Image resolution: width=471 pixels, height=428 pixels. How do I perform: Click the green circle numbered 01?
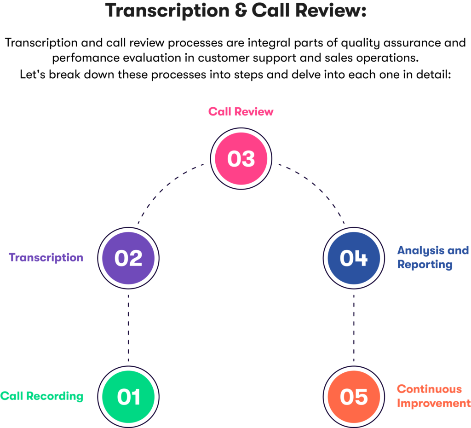[129, 396]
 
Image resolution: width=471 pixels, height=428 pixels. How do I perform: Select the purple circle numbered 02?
[129, 258]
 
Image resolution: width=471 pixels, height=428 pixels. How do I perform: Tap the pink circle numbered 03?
[241, 158]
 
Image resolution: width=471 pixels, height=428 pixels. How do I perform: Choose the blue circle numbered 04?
[353, 258]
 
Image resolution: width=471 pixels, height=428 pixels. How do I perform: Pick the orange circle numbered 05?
[353, 396]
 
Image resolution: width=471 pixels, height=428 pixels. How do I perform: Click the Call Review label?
[241, 111]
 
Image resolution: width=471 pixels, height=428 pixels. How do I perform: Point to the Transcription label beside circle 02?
[46, 257]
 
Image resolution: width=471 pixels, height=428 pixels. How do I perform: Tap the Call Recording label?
[42, 396]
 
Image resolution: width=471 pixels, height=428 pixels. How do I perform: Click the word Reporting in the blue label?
[425, 265]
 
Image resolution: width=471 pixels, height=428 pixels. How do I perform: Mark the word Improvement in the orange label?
[433, 404]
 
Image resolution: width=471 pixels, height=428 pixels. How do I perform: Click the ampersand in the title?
[240, 10]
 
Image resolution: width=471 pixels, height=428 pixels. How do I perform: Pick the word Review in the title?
[329, 10]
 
